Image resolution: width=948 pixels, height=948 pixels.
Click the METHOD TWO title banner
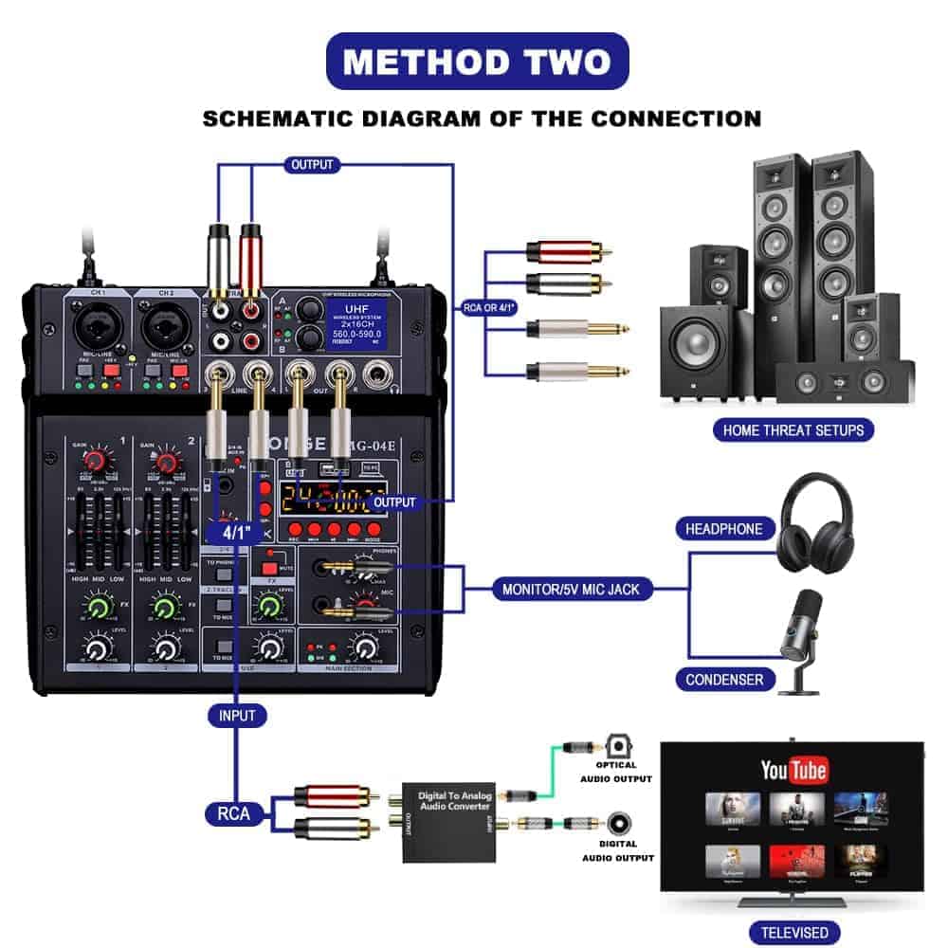[x=477, y=62]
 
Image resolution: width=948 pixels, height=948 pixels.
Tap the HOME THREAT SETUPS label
[x=793, y=430]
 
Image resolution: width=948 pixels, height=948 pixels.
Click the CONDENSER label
[x=725, y=679]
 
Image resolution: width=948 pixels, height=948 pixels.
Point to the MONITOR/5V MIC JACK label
[x=571, y=590]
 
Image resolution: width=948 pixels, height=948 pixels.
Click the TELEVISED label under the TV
[x=793, y=932]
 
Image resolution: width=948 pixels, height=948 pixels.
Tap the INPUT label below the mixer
[x=236, y=715]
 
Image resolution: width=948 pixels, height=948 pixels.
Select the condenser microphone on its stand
[x=800, y=640]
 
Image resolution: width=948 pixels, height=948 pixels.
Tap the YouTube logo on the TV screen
[x=794, y=770]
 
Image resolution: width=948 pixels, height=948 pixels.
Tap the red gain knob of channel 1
[x=95, y=463]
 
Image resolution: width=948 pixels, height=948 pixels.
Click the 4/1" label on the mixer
[x=234, y=532]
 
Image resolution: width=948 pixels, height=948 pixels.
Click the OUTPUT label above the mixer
[x=312, y=165]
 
